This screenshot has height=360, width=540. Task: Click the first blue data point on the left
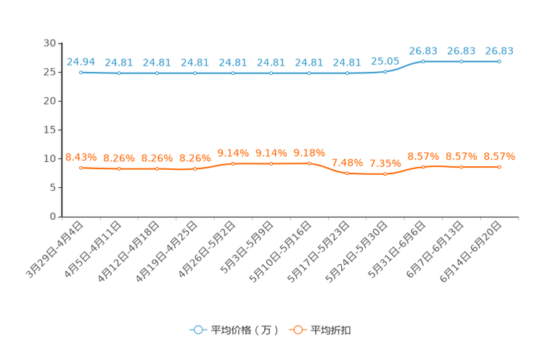pyautogui.click(x=81, y=72)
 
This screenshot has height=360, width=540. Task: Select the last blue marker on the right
pyautogui.click(x=499, y=62)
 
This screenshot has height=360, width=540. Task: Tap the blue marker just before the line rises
pyautogui.click(x=385, y=71)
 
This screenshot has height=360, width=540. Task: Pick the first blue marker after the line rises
pyautogui.click(x=423, y=61)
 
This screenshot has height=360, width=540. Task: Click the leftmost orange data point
pyautogui.click(x=81, y=167)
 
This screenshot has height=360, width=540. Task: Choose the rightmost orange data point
pyautogui.click(x=499, y=166)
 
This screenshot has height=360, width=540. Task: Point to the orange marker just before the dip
pyautogui.click(x=309, y=163)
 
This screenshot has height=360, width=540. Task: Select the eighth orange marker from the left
pyautogui.click(x=348, y=173)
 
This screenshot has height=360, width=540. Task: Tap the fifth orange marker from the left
pyautogui.click(x=233, y=163)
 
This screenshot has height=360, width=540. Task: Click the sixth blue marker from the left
pyautogui.click(x=271, y=73)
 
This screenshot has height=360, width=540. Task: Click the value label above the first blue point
pyautogui.click(x=81, y=61)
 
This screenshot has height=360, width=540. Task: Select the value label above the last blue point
pyautogui.click(x=499, y=50)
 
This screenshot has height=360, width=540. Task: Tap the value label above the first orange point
pyautogui.click(x=81, y=156)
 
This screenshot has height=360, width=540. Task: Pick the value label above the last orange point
pyautogui.click(x=499, y=155)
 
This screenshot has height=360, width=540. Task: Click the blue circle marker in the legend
pyautogui.click(x=197, y=330)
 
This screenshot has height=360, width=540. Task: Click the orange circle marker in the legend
pyautogui.click(x=296, y=330)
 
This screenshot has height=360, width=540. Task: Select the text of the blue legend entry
pyautogui.click(x=245, y=330)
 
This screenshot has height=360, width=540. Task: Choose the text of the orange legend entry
pyautogui.click(x=332, y=330)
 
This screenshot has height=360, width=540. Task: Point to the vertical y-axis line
pyautogui.click(x=61, y=131)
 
